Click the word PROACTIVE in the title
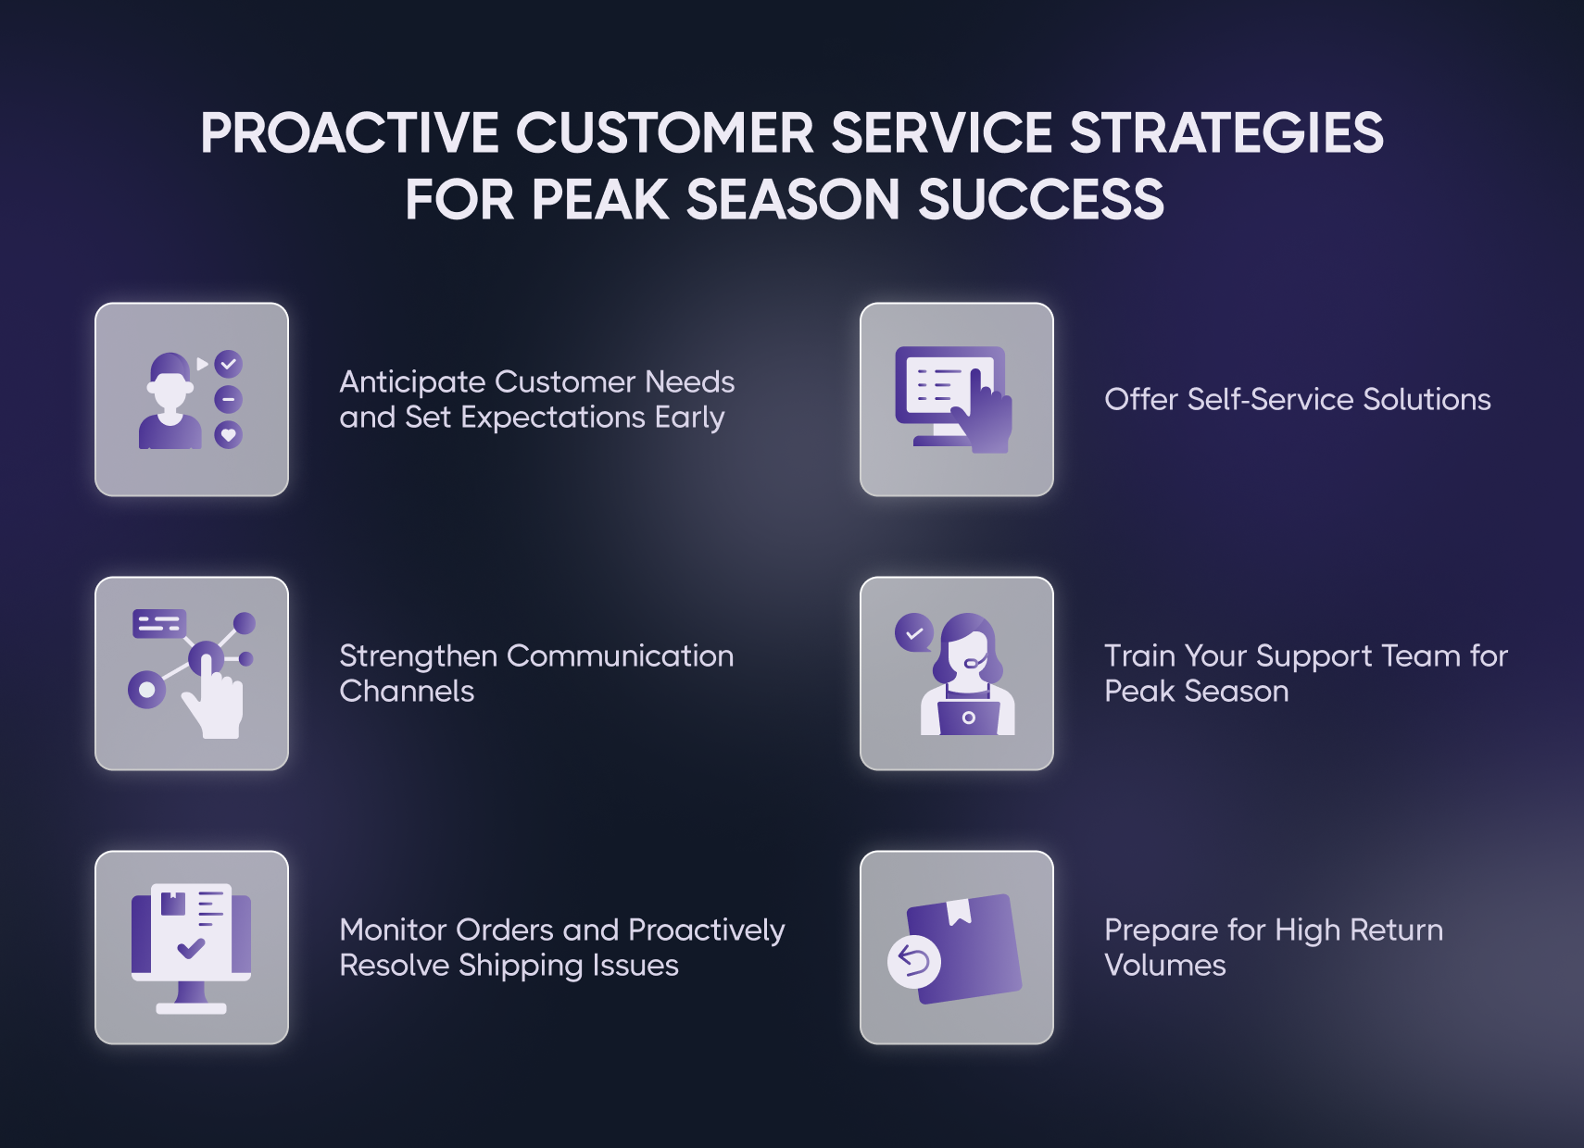coord(350,133)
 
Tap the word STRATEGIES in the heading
coord(1226,133)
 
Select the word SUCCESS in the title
coord(1041,199)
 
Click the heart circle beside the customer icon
coord(229,435)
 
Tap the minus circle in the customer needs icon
coord(229,399)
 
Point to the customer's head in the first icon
coord(170,382)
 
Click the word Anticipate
coord(412,383)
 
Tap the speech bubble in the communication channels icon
coord(160,623)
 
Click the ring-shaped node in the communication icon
coord(146,690)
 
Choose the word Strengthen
coord(419,657)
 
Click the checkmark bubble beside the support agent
coord(913,632)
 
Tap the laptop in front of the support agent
coord(969,716)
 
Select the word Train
coord(1138,656)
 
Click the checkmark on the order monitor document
coord(191,947)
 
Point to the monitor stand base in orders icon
coord(191,1009)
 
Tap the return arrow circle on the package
coord(913,961)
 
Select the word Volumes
coord(1165,966)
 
